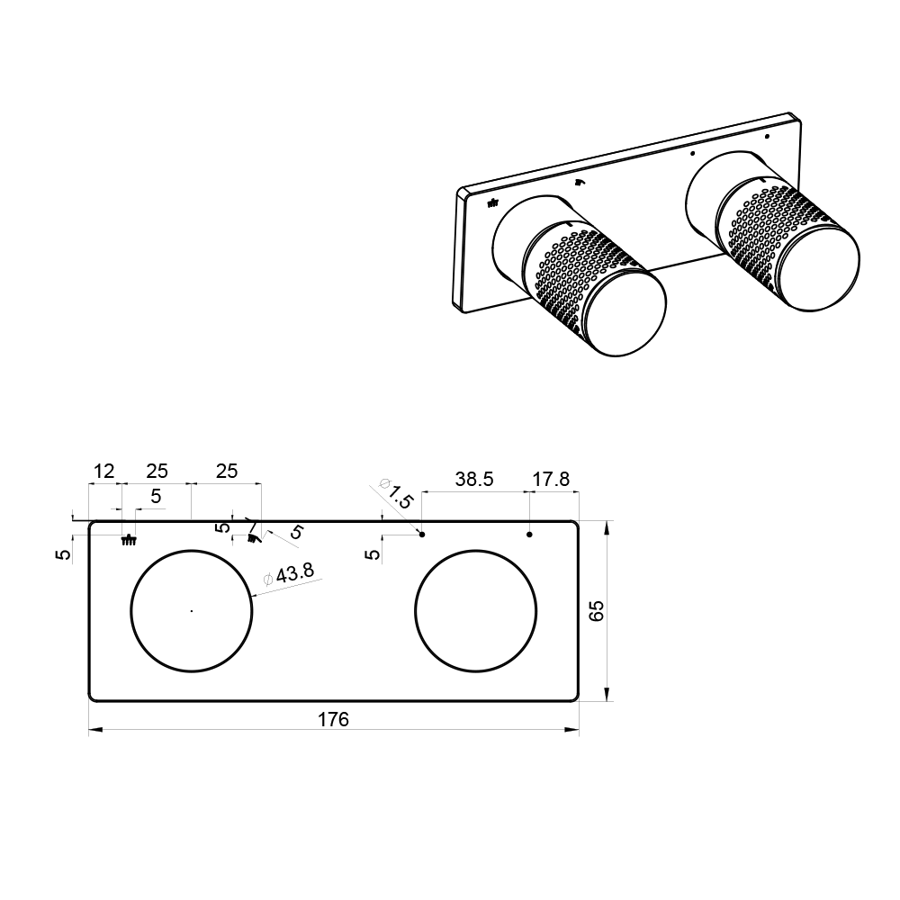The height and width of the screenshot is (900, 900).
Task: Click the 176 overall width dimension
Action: click(334, 719)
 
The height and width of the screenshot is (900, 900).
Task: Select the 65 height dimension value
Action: click(597, 611)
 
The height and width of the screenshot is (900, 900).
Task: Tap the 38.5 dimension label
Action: click(474, 479)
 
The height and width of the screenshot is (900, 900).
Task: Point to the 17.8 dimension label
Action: click(551, 479)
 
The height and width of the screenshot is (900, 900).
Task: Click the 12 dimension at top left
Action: click(103, 472)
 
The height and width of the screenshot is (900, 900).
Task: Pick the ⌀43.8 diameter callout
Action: click(289, 574)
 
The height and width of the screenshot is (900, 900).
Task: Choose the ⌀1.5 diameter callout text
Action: click(396, 493)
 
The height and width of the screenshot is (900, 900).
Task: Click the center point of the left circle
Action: click(192, 611)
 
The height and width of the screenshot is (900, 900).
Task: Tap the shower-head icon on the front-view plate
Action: click(129, 539)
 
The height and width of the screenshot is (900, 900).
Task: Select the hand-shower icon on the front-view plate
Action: click(253, 538)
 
